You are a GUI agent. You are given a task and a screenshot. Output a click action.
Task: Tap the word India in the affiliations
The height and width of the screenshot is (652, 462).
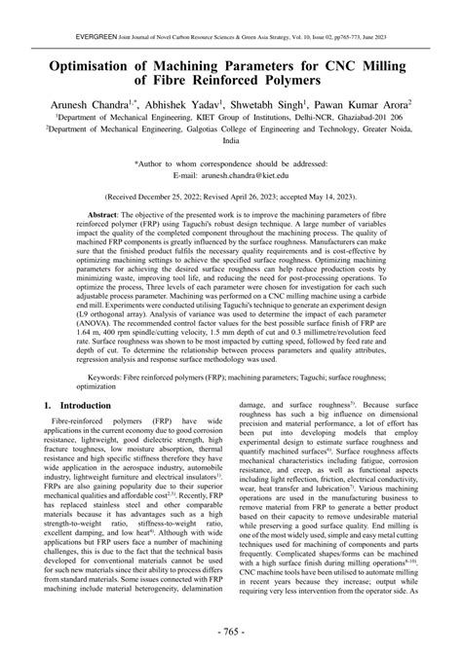point(231,140)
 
